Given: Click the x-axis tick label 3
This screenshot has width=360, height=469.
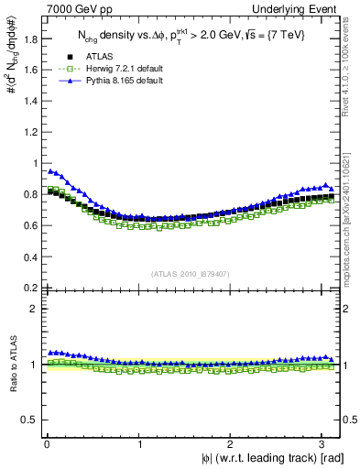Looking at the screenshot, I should point(325,443).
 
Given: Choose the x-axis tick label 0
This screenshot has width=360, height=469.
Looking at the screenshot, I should point(47,443).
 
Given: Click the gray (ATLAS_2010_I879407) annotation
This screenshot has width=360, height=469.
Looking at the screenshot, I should point(190,273).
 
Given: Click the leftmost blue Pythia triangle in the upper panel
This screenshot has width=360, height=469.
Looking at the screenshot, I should point(50,170).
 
